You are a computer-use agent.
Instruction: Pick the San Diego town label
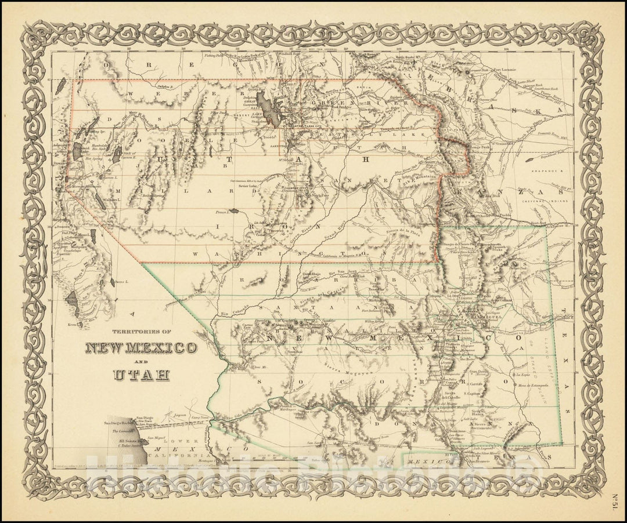(x=144, y=418)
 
